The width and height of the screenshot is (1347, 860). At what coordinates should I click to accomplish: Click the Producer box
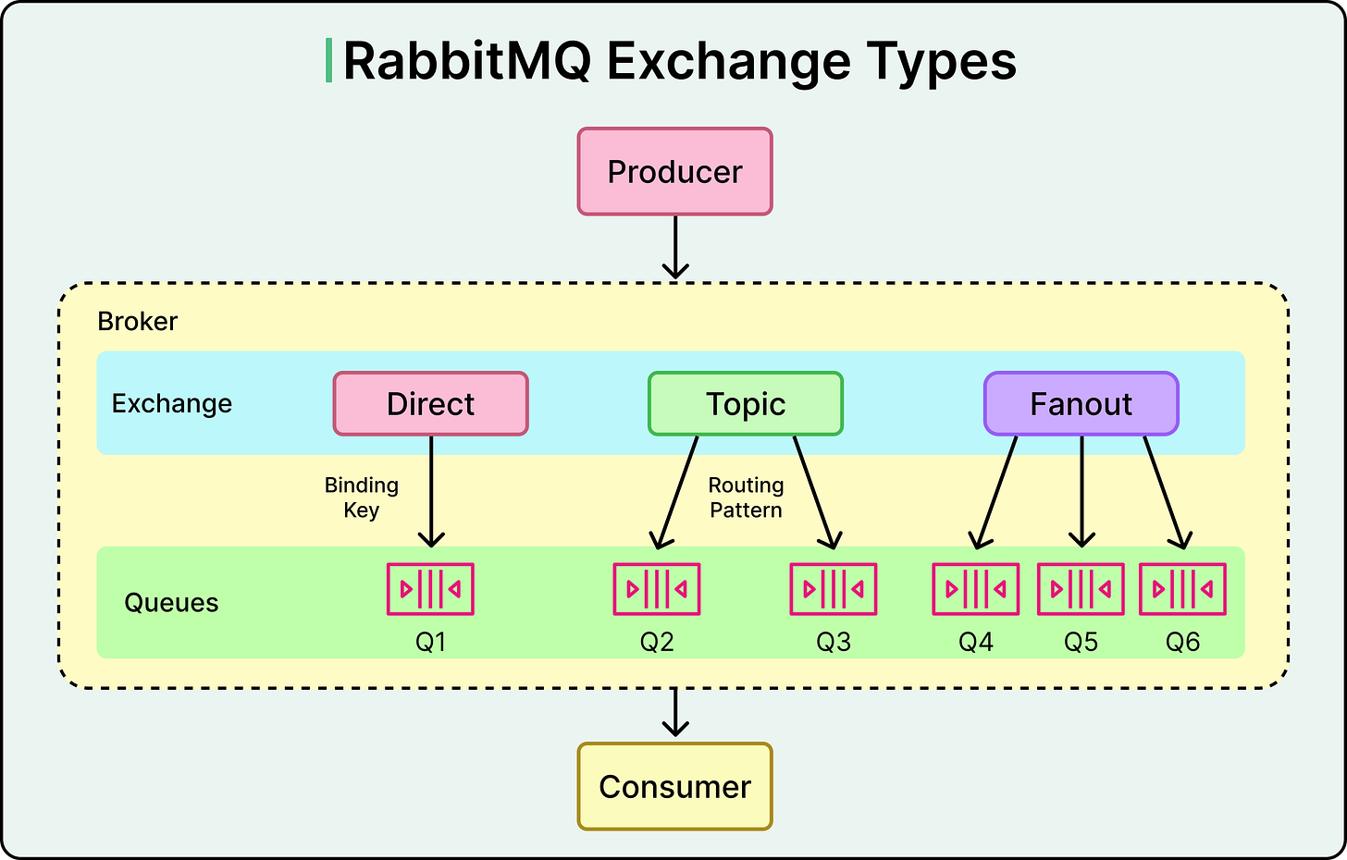pos(674,172)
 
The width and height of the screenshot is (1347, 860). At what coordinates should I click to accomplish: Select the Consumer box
pos(674,787)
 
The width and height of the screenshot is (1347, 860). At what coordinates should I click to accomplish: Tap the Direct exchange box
pos(430,404)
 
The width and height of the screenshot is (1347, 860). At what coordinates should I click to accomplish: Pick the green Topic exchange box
pos(746,404)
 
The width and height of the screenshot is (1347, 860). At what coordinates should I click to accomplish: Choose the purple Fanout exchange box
pos(1081,404)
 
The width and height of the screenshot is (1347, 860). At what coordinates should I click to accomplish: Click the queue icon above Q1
pos(430,589)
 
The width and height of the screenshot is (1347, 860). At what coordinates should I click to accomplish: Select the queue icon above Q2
pos(657,589)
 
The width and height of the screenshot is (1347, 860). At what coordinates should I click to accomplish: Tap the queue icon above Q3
pos(833,589)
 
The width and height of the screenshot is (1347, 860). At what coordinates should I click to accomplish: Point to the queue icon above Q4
pos(975,589)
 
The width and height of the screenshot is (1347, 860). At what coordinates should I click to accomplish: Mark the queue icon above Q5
pos(1081,589)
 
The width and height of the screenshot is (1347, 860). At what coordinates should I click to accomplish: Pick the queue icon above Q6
pos(1182,589)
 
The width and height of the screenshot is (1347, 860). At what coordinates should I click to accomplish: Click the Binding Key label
pos(362,498)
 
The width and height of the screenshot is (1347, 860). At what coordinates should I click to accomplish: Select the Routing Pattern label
pos(746,498)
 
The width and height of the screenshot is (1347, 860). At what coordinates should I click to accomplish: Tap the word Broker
pos(137,322)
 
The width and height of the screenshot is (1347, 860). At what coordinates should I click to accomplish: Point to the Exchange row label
pos(172,404)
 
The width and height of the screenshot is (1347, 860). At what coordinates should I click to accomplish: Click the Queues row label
pos(171,603)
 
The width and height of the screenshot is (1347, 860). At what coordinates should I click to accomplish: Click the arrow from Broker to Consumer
pos(675,713)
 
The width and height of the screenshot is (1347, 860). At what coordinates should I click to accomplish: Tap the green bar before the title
pos(328,61)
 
